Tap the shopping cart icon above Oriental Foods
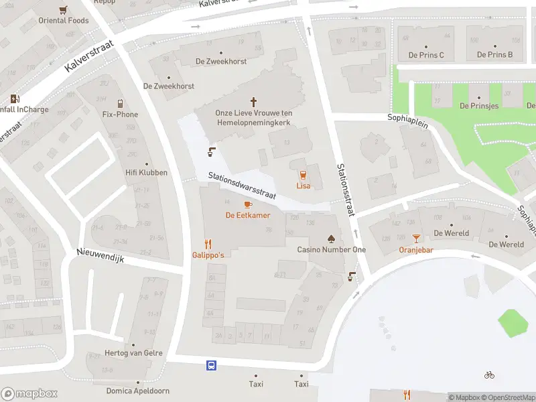(63, 9)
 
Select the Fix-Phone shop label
(120, 115)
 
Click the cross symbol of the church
(254, 102)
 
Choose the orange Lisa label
(304, 185)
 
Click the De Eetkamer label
(248, 215)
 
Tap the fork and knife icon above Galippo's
(208, 245)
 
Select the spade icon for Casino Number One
(331, 238)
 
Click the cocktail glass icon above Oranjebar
(416, 238)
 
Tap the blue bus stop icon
(211, 365)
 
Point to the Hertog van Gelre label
(134, 353)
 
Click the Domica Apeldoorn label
(138, 391)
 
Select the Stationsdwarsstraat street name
(242, 182)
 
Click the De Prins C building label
(426, 55)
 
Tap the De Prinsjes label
(479, 106)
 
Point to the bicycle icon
(490, 375)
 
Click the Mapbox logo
(29, 393)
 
